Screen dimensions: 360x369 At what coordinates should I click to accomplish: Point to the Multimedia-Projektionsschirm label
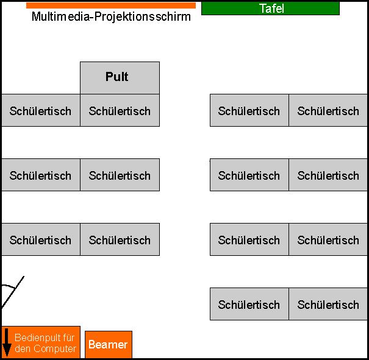(111, 17)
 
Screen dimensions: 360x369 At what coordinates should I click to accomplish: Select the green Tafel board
(270, 9)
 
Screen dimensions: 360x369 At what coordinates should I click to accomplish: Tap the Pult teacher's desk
(120, 77)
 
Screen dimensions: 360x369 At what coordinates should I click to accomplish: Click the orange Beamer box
(108, 345)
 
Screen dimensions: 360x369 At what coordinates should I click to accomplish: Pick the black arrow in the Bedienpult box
(7, 342)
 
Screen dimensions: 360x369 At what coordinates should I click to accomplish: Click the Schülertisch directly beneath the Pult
(120, 110)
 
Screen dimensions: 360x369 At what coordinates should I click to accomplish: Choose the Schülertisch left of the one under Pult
(40, 110)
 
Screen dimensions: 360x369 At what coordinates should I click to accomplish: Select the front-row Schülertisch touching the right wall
(328, 110)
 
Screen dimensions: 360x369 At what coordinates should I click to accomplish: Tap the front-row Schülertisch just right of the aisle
(249, 110)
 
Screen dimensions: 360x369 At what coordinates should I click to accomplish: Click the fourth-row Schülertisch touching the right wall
(328, 304)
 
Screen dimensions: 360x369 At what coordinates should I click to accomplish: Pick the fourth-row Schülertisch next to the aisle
(249, 304)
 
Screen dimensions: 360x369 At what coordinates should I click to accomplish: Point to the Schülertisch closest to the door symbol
(40, 239)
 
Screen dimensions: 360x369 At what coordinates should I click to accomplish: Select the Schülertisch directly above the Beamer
(120, 239)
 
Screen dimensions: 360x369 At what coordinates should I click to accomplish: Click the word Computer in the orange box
(54, 349)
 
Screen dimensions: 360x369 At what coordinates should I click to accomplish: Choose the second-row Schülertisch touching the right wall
(328, 175)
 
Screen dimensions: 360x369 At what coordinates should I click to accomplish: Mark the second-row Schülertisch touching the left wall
(40, 175)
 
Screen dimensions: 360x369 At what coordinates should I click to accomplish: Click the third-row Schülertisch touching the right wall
(328, 239)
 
